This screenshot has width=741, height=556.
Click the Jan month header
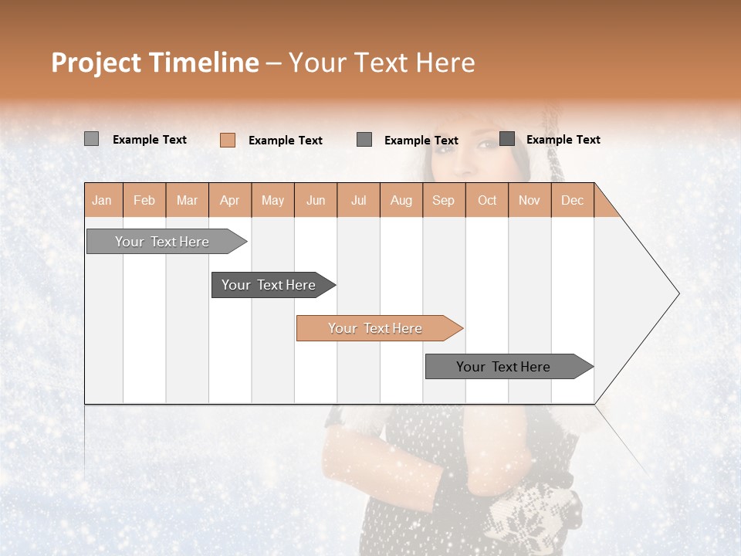(102, 201)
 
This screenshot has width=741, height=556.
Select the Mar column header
(187, 201)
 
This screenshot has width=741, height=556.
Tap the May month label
(272, 201)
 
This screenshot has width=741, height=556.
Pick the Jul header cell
(358, 201)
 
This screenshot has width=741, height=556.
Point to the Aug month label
(401, 201)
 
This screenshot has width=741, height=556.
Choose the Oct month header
(487, 201)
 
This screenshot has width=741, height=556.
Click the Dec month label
(572, 201)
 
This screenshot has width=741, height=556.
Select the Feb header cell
(144, 201)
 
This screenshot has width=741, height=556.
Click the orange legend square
(228, 140)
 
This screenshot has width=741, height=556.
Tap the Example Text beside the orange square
(285, 141)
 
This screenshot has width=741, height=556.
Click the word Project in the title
(97, 63)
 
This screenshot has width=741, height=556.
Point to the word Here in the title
(445, 63)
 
